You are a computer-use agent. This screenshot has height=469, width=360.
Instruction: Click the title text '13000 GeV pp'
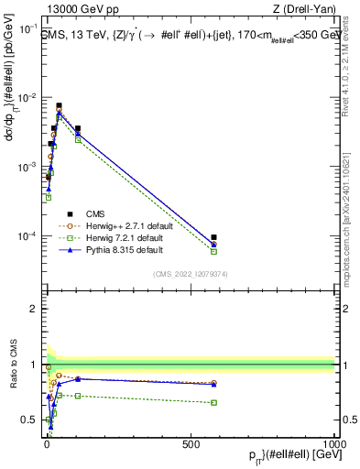point(77,10)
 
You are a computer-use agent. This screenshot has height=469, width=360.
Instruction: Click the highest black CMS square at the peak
point(60,106)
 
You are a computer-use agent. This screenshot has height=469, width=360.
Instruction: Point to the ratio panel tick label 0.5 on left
point(29,420)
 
